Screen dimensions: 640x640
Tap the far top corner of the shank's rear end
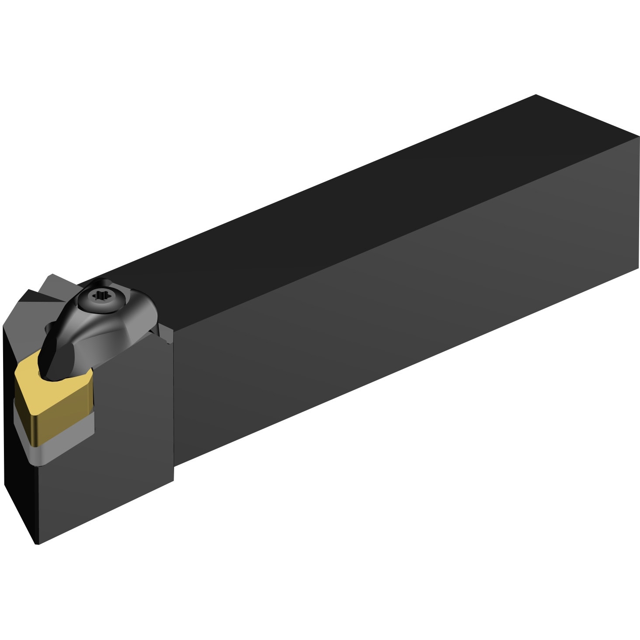click(536, 95)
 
